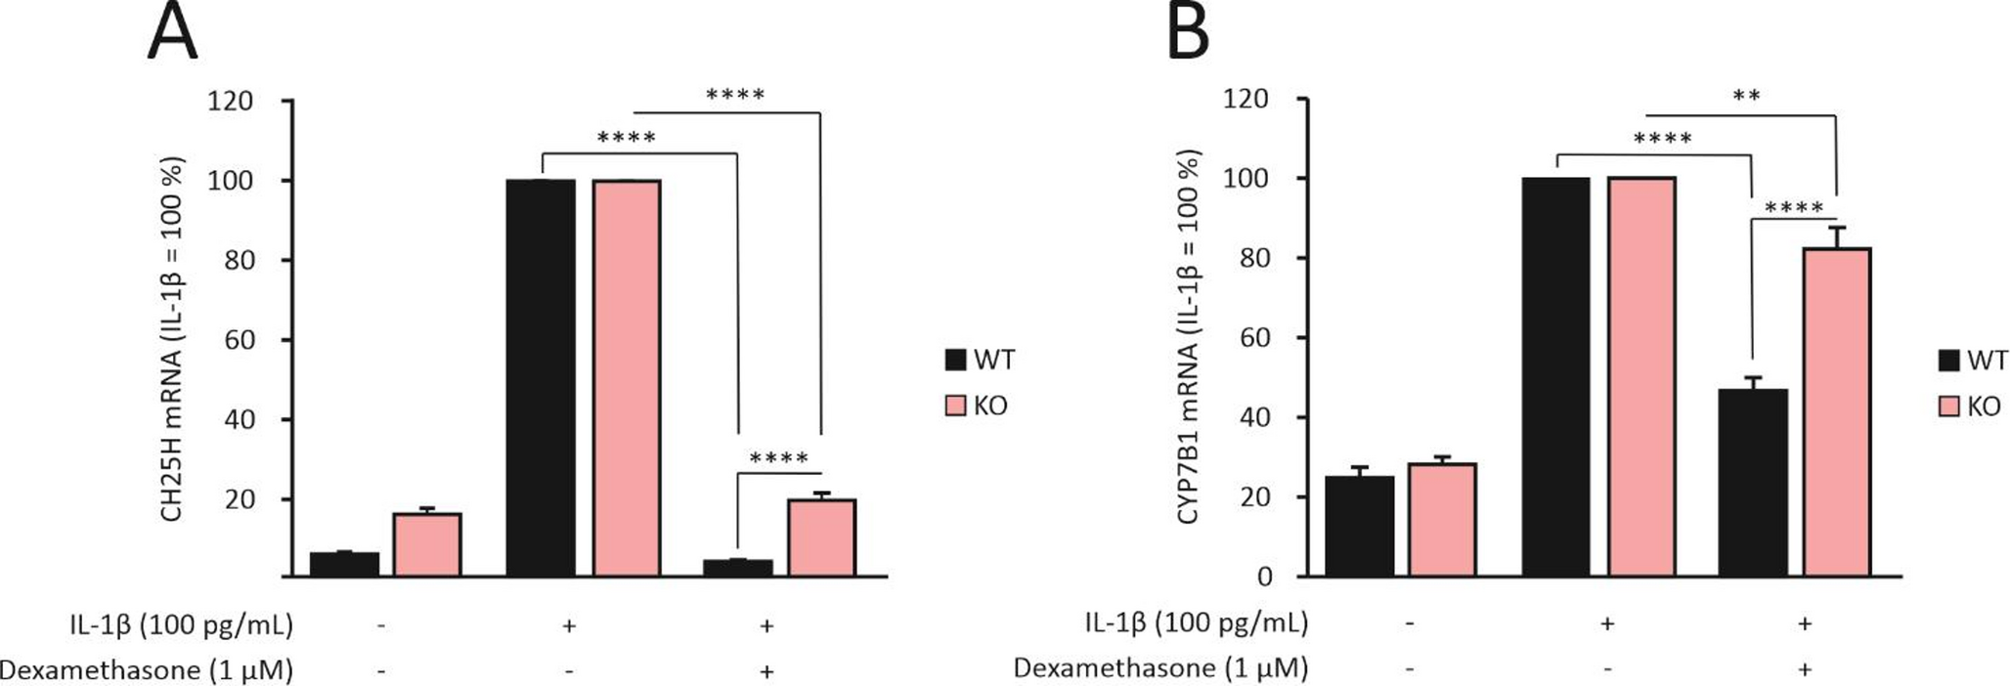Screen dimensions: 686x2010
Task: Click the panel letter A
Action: (x=172, y=31)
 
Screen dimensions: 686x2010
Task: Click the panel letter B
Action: (x=1188, y=31)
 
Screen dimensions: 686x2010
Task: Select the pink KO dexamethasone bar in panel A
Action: (x=822, y=537)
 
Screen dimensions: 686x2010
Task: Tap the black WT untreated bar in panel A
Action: (x=344, y=564)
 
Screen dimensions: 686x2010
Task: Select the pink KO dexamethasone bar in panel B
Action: (x=1837, y=411)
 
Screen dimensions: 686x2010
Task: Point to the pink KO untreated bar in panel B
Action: (x=1442, y=519)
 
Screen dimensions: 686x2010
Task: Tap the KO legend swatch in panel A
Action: (x=955, y=406)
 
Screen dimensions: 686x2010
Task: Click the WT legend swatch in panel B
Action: (x=1948, y=361)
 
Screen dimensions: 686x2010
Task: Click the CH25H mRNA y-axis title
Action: (x=172, y=338)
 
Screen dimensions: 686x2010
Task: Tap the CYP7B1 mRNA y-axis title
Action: (x=1188, y=338)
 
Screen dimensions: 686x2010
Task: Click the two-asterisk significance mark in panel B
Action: (x=1745, y=97)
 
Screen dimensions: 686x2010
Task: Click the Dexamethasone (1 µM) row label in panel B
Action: (x=1159, y=668)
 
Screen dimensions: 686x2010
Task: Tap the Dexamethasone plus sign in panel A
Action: (x=766, y=671)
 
